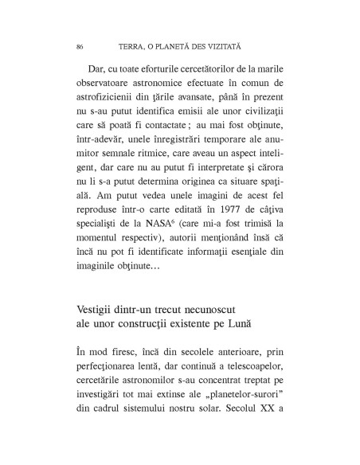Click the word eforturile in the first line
click(x=163, y=77)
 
